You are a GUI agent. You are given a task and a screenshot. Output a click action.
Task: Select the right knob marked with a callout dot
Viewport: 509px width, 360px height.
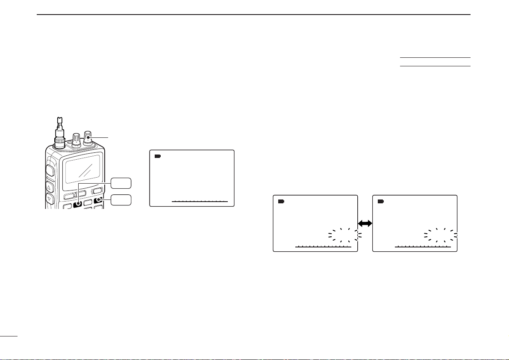click(x=88, y=136)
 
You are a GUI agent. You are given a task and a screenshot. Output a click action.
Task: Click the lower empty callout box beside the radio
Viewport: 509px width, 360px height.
click(x=121, y=200)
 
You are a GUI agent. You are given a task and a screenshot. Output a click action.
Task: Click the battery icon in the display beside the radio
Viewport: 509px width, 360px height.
click(x=158, y=156)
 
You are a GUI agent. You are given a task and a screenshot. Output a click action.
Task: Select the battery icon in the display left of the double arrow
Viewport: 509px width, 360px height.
click(x=281, y=201)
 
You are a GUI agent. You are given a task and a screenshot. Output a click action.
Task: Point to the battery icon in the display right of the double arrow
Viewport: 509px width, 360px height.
click(x=381, y=201)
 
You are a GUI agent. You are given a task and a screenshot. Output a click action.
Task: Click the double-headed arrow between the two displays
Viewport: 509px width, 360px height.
click(x=365, y=223)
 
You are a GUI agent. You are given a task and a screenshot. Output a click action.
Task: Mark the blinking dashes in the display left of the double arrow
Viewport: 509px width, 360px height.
click(x=345, y=235)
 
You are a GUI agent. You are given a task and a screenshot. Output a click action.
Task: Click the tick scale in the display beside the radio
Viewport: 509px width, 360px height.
click(x=200, y=200)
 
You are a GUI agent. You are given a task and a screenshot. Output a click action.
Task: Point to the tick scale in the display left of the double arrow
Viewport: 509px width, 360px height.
click(x=323, y=247)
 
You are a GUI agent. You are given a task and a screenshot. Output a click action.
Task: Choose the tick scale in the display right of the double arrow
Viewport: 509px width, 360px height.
click(x=423, y=247)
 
